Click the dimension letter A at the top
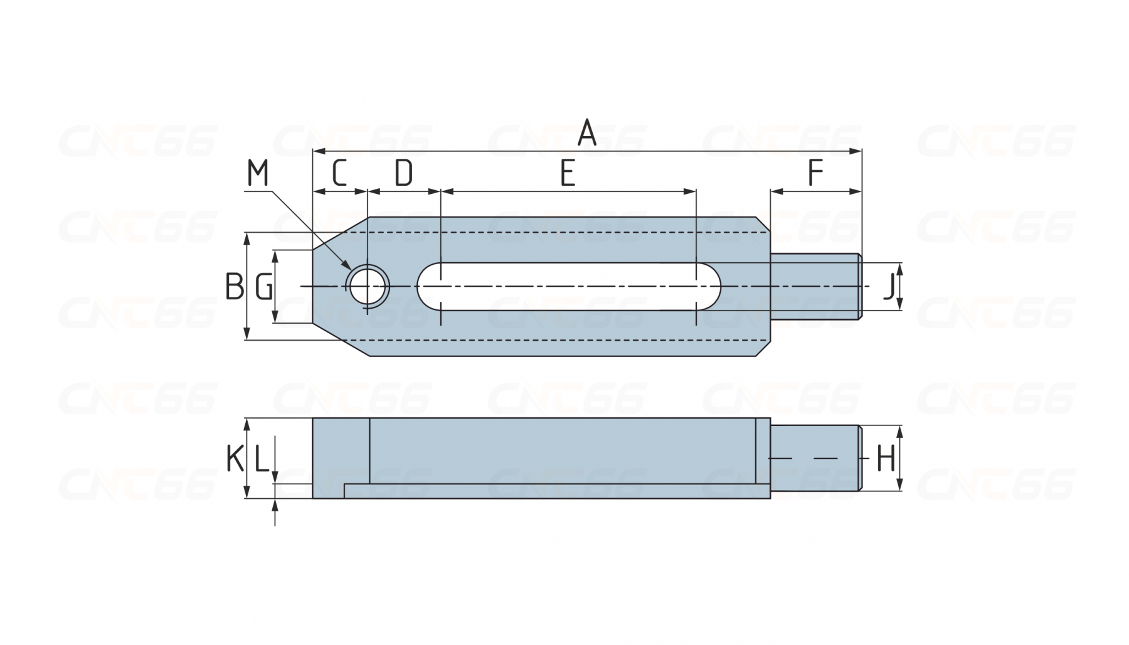pyautogui.click(x=586, y=133)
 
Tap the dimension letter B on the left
pyautogui.click(x=235, y=286)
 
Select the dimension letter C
pyautogui.click(x=339, y=173)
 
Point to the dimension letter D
pyautogui.click(x=403, y=173)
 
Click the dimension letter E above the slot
pyautogui.click(x=568, y=173)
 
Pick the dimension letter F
pyautogui.click(x=815, y=173)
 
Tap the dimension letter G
pyautogui.click(x=264, y=287)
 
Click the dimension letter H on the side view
pyautogui.click(x=885, y=459)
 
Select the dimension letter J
pyautogui.click(x=888, y=287)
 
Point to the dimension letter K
pyautogui.click(x=235, y=459)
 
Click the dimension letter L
pyautogui.click(x=262, y=459)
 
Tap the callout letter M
pyautogui.click(x=257, y=173)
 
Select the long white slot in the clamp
pyautogui.click(x=568, y=286)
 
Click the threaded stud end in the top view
pyautogui.click(x=815, y=286)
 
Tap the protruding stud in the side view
pyautogui.click(x=815, y=458)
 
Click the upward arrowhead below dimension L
pyautogui.click(x=275, y=504)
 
